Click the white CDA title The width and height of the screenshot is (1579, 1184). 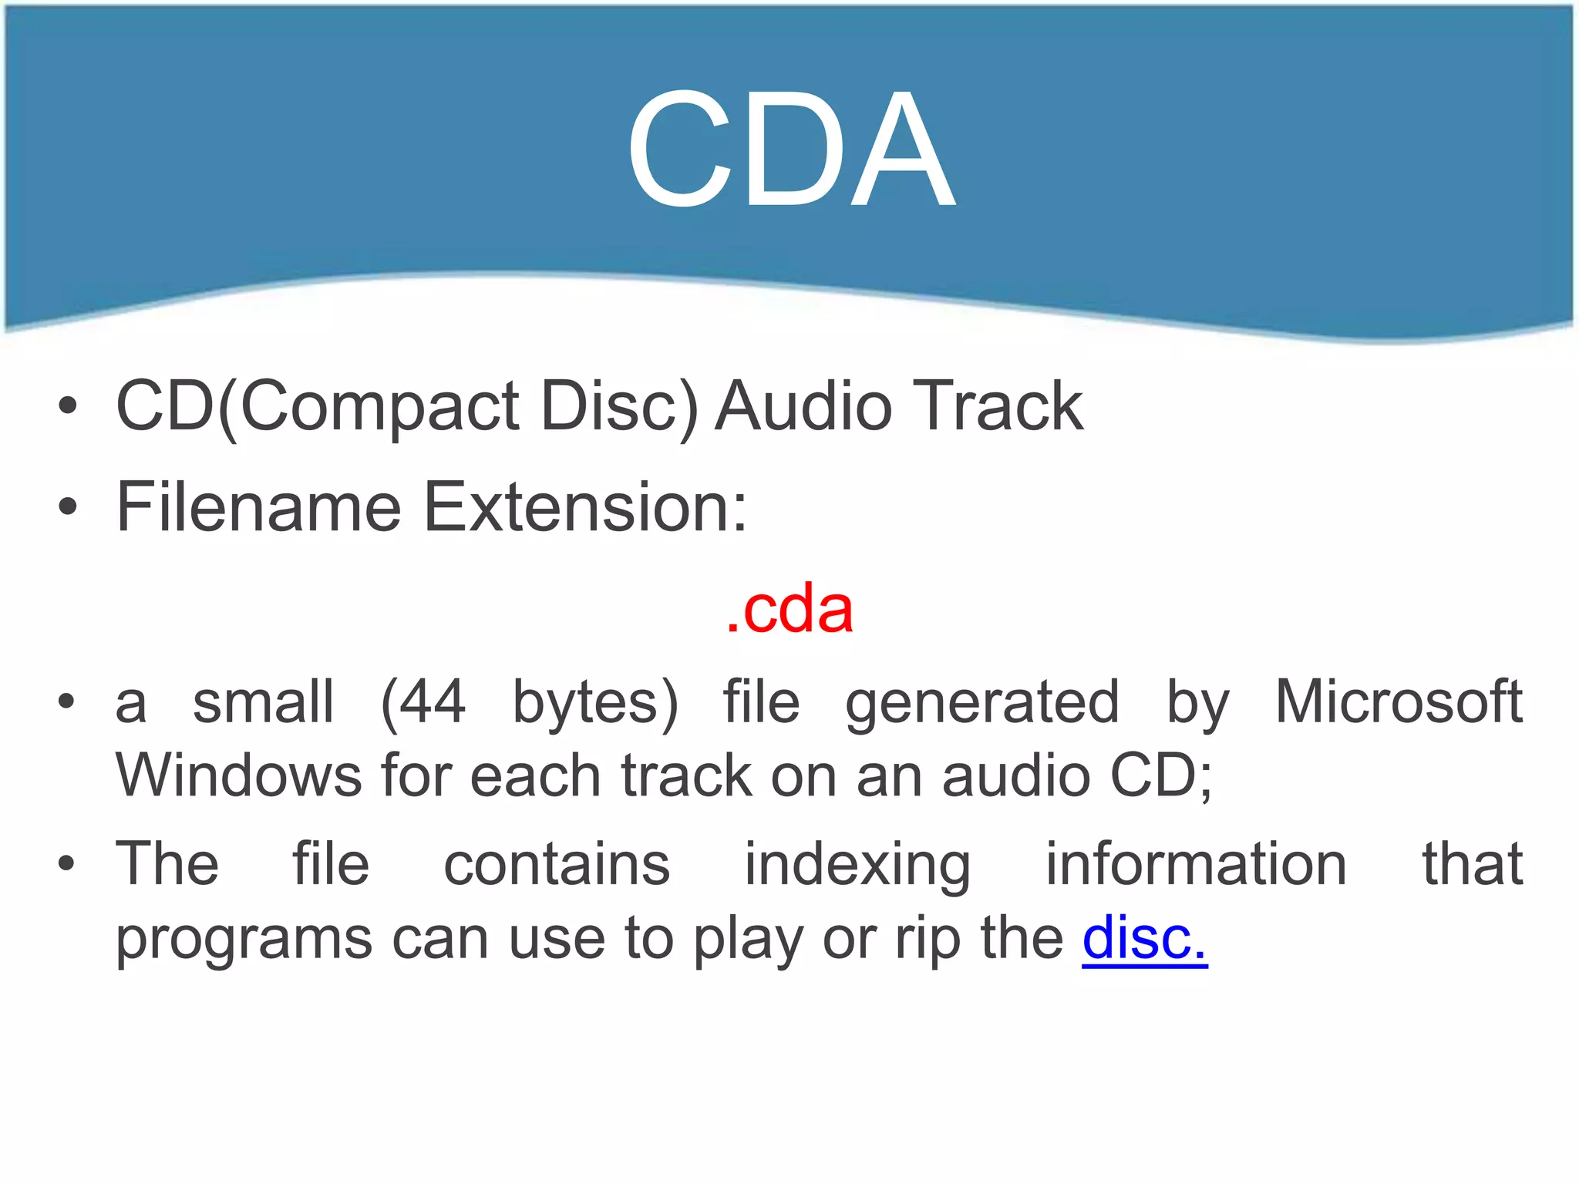[x=790, y=150]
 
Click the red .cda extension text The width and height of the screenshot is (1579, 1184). [x=789, y=609]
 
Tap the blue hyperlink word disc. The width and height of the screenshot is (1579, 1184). [x=1144, y=937]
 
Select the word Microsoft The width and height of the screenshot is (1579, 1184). [x=1399, y=701]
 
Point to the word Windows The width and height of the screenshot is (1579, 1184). [x=238, y=775]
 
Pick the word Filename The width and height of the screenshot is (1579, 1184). [x=258, y=506]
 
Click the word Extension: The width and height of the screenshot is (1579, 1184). [x=586, y=506]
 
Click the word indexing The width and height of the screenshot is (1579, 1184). [x=857, y=864]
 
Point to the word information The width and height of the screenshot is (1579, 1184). [x=1195, y=864]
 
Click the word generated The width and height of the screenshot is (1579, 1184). [x=981, y=703]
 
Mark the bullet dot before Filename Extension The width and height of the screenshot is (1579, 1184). [x=68, y=506]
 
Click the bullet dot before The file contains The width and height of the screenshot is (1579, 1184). [x=68, y=864]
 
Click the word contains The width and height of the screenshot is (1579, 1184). [x=557, y=864]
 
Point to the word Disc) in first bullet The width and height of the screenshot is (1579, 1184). [x=619, y=407]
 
